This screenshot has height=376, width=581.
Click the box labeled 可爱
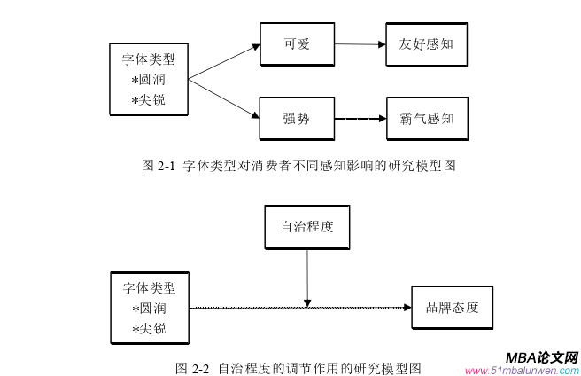point(296,43)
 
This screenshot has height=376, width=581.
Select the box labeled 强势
point(296,116)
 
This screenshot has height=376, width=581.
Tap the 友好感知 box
point(426,43)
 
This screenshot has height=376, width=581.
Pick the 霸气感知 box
point(426,117)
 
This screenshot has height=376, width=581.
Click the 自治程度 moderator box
point(306,226)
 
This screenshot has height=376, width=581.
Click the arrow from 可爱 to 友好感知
point(359,43)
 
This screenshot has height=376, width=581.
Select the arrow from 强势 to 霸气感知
point(359,117)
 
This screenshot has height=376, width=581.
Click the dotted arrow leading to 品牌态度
point(301,308)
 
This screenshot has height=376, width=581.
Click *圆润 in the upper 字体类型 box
point(148,80)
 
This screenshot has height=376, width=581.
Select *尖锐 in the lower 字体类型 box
point(148,329)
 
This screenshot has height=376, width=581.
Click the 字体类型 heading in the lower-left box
point(149,288)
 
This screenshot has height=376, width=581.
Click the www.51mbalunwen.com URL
point(521,370)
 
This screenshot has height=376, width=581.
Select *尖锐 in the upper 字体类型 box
point(148,99)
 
